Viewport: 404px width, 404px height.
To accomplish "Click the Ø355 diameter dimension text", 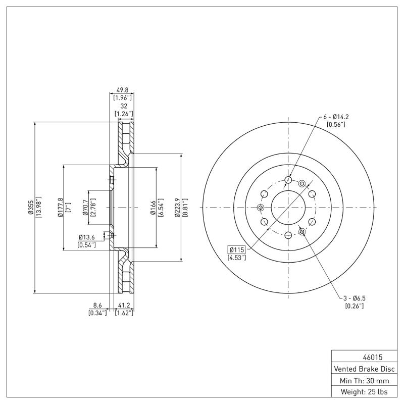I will pos(30,208).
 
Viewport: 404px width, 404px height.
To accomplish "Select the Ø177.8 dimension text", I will pos(60,208).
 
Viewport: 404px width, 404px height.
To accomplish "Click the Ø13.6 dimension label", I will pos(87,237).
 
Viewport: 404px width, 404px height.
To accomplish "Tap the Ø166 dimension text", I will pos(152,208).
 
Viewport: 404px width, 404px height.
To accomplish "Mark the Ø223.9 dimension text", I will pos(177,208).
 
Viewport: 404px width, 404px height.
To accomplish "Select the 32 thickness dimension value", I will pos(123,107).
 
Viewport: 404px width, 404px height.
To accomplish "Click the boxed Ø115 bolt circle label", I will pos(237,249).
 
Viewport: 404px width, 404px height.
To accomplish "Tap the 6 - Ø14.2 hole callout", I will pos(336,117).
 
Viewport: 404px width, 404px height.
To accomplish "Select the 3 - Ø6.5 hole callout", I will pos(354,298).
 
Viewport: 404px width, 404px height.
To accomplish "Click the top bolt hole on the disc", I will pos(288,180).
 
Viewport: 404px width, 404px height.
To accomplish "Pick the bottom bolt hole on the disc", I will pos(288,235).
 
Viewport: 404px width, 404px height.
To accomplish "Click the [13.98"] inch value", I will pos(38,208).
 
